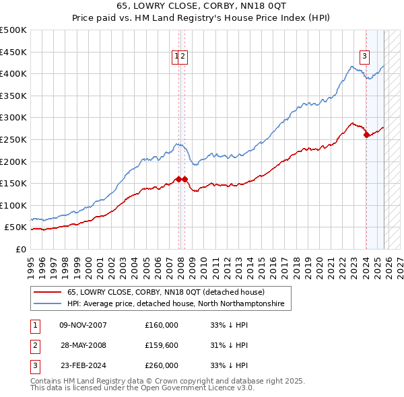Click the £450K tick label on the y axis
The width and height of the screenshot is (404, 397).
(13, 52)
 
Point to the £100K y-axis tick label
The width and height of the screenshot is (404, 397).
(13, 205)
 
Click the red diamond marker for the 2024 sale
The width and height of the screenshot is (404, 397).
(366, 135)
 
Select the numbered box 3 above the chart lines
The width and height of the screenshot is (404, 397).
(364, 57)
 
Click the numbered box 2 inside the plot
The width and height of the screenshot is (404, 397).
(183, 57)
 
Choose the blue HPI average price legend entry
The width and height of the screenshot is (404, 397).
(175, 304)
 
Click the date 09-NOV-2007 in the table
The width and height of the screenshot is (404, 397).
(83, 325)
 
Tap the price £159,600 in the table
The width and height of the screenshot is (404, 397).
(162, 345)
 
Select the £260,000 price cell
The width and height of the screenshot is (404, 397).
(162, 365)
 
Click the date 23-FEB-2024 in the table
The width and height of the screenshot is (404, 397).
(82, 365)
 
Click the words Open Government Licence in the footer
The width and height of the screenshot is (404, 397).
(182, 388)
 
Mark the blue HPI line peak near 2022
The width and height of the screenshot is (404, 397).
(351, 66)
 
